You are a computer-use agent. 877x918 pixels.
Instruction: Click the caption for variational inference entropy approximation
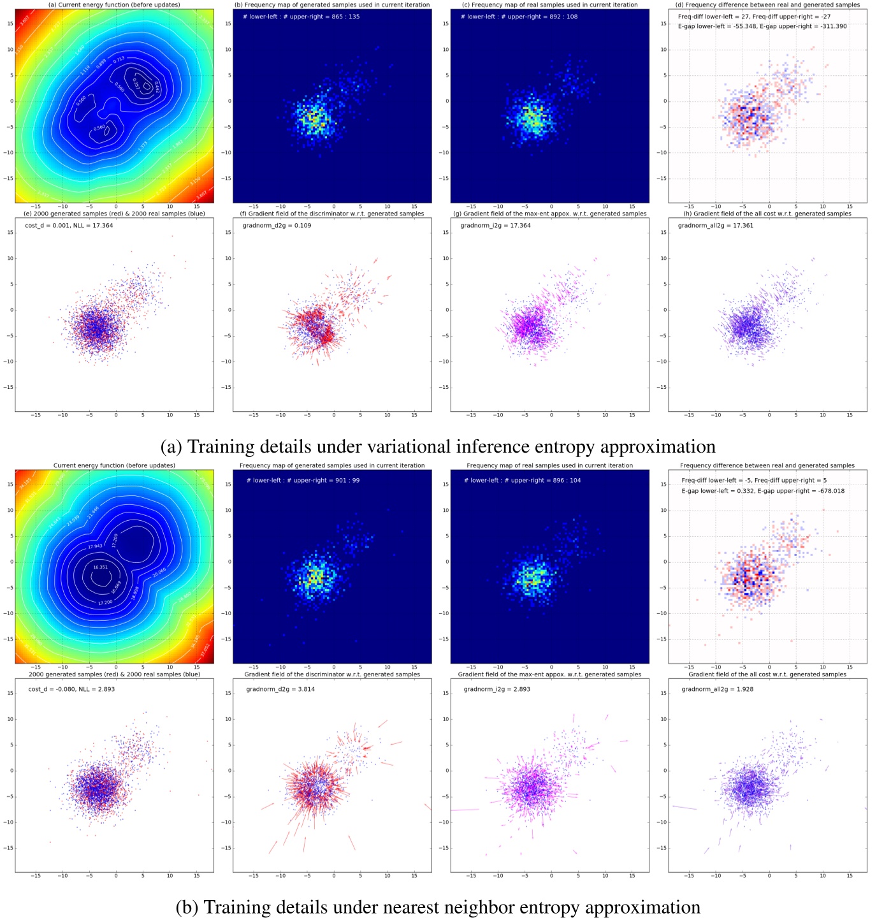tap(438, 446)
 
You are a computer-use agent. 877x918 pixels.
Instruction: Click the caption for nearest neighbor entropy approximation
tap(438, 907)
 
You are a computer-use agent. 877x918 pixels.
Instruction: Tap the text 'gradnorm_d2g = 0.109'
tap(277, 226)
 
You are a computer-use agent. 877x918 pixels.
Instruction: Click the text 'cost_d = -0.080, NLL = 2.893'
tap(71, 689)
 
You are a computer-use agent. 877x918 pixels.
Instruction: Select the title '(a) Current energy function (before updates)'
tap(114, 5)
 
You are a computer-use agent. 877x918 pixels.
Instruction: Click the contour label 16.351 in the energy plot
tap(100, 567)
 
